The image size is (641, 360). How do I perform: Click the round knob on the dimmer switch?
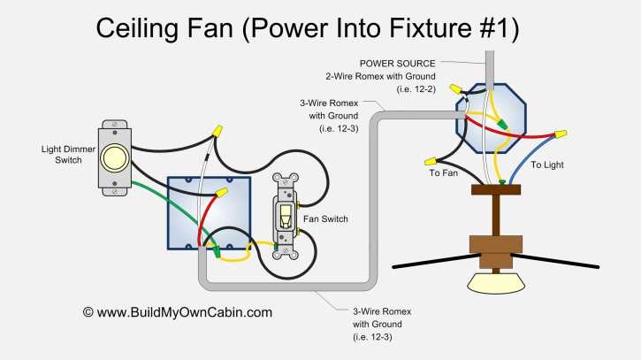[115, 158]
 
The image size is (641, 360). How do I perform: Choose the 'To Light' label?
[547, 165]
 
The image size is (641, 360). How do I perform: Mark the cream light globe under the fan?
[498, 282]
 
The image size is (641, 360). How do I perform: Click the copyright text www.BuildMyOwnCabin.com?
[178, 312]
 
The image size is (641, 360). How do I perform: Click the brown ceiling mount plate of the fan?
[501, 189]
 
